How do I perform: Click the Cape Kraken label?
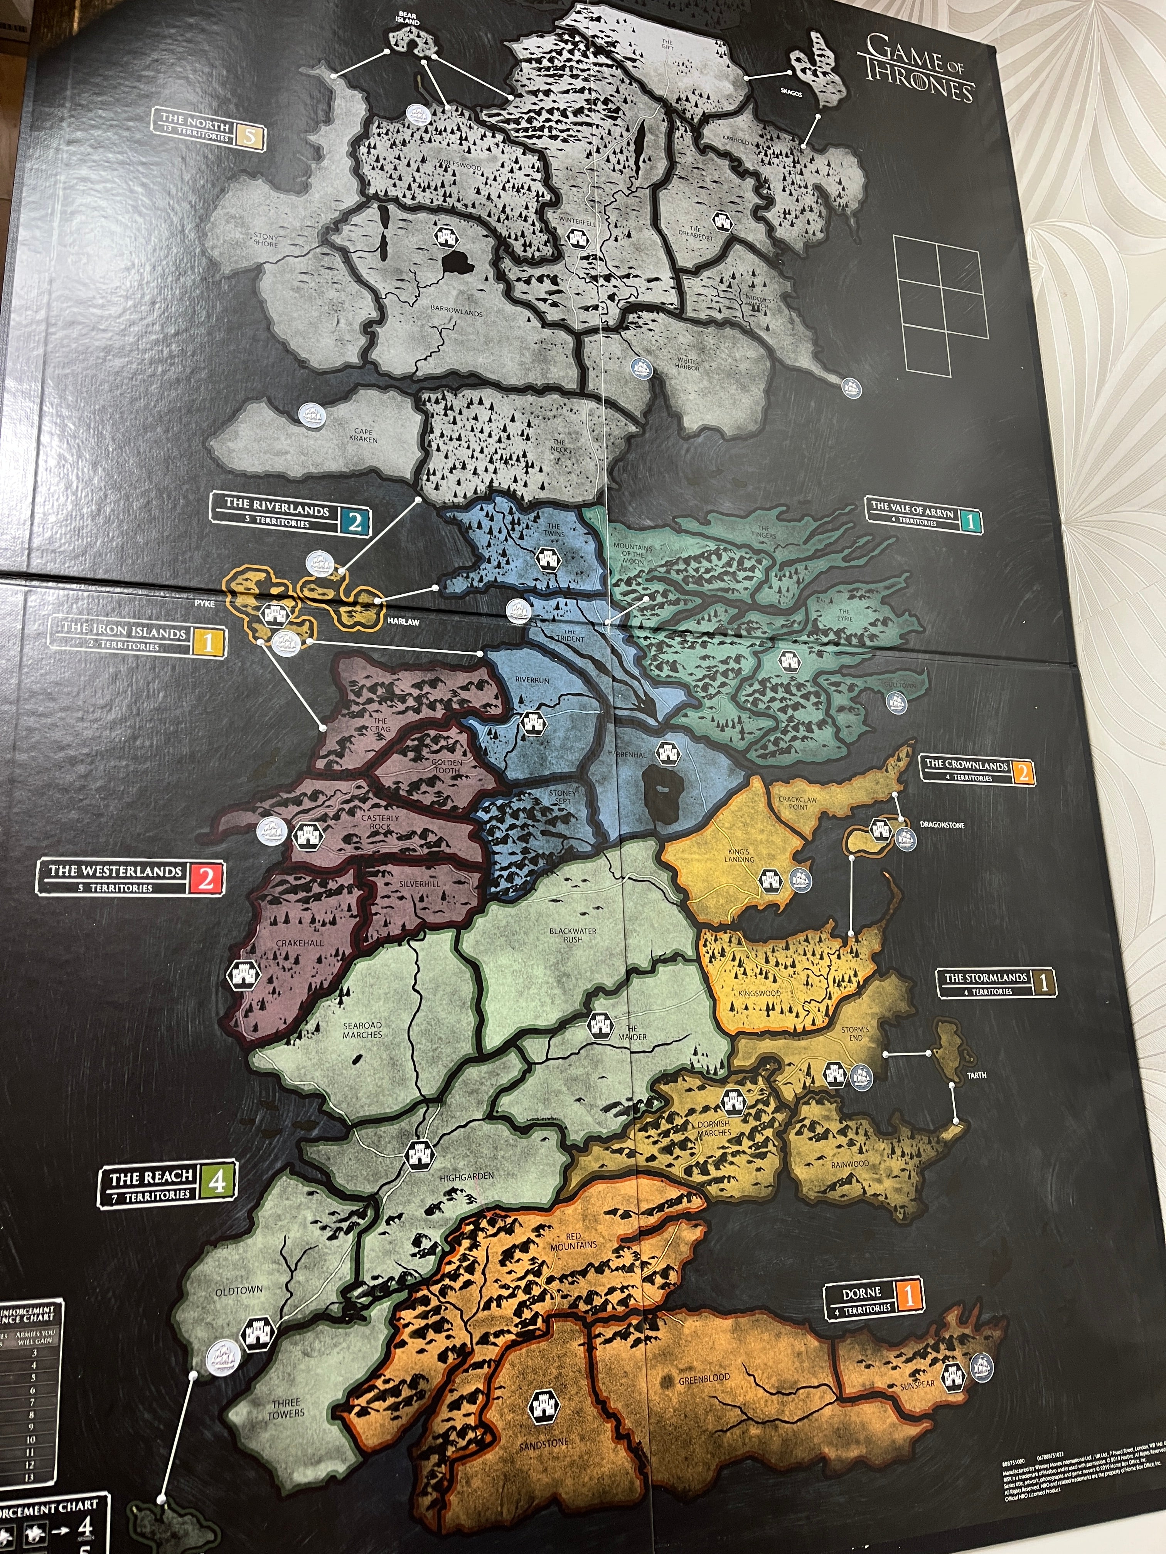click(x=363, y=436)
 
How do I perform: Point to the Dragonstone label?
click(x=942, y=825)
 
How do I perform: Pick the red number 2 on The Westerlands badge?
click(x=206, y=878)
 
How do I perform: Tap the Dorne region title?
click(x=862, y=1293)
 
